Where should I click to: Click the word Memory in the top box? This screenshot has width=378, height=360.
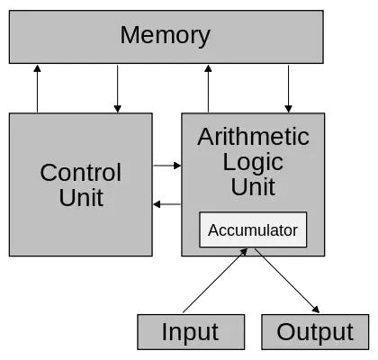165,36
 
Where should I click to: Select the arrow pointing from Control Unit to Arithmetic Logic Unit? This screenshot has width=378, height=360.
166,166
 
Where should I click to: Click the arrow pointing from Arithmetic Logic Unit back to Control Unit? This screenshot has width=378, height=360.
166,204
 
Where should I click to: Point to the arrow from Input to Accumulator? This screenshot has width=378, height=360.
217,282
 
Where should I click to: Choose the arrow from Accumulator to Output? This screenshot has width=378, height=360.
285,282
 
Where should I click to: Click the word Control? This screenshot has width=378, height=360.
80,173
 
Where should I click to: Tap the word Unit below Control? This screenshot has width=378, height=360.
81,198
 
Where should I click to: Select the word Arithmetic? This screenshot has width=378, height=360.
253,137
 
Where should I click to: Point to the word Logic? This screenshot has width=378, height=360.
253,162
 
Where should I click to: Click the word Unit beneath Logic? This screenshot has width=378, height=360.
253,187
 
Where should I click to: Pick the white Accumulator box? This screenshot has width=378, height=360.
253,230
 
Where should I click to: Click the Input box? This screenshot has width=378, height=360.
190,332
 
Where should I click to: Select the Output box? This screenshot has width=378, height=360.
315,332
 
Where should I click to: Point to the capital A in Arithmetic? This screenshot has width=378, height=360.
205,137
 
